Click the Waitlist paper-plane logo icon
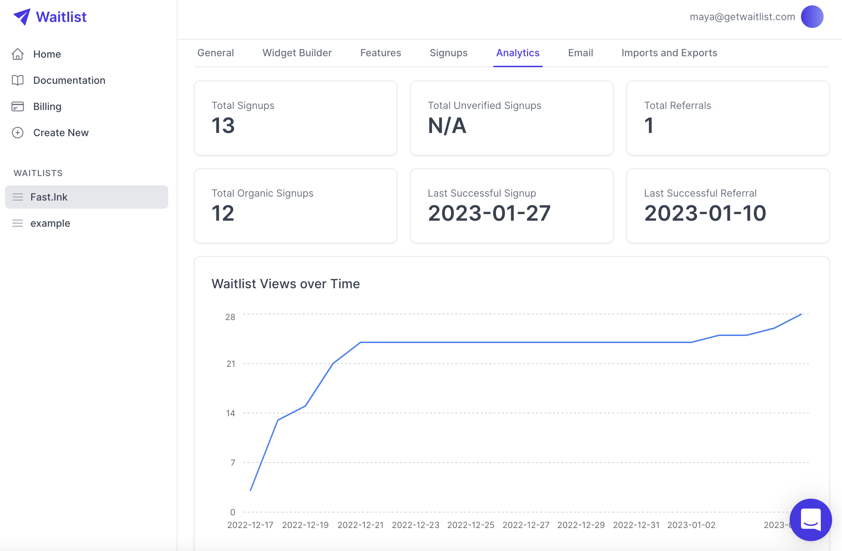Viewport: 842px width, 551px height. (x=22, y=17)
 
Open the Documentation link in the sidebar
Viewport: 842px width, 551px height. (x=69, y=80)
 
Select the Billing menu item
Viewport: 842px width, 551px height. (x=47, y=106)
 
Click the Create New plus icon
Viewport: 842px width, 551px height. (x=18, y=133)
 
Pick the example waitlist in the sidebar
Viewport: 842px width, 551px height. (x=50, y=223)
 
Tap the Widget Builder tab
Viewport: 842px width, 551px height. (x=297, y=53)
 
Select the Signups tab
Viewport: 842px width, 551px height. (x=448, y=53)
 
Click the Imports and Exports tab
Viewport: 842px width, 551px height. (x=669, y=53)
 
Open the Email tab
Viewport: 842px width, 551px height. (x=580, y=53)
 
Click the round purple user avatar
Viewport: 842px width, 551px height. (x=812, y=17)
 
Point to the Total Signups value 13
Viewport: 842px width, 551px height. (x=223, y=126)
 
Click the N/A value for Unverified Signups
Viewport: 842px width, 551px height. (x=447, y=126)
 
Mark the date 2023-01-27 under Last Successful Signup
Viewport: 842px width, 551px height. (x=489, y=213)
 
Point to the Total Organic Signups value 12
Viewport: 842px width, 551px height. (x=223, y=213)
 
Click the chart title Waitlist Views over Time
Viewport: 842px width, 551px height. (x=286, y=284)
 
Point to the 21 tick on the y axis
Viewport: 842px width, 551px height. (x=231, y=364)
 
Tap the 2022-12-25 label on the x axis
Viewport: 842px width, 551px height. (x=470, y=525)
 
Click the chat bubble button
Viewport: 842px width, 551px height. (x=811, y=520)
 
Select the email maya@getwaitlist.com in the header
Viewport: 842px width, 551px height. (x=742, y=17)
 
